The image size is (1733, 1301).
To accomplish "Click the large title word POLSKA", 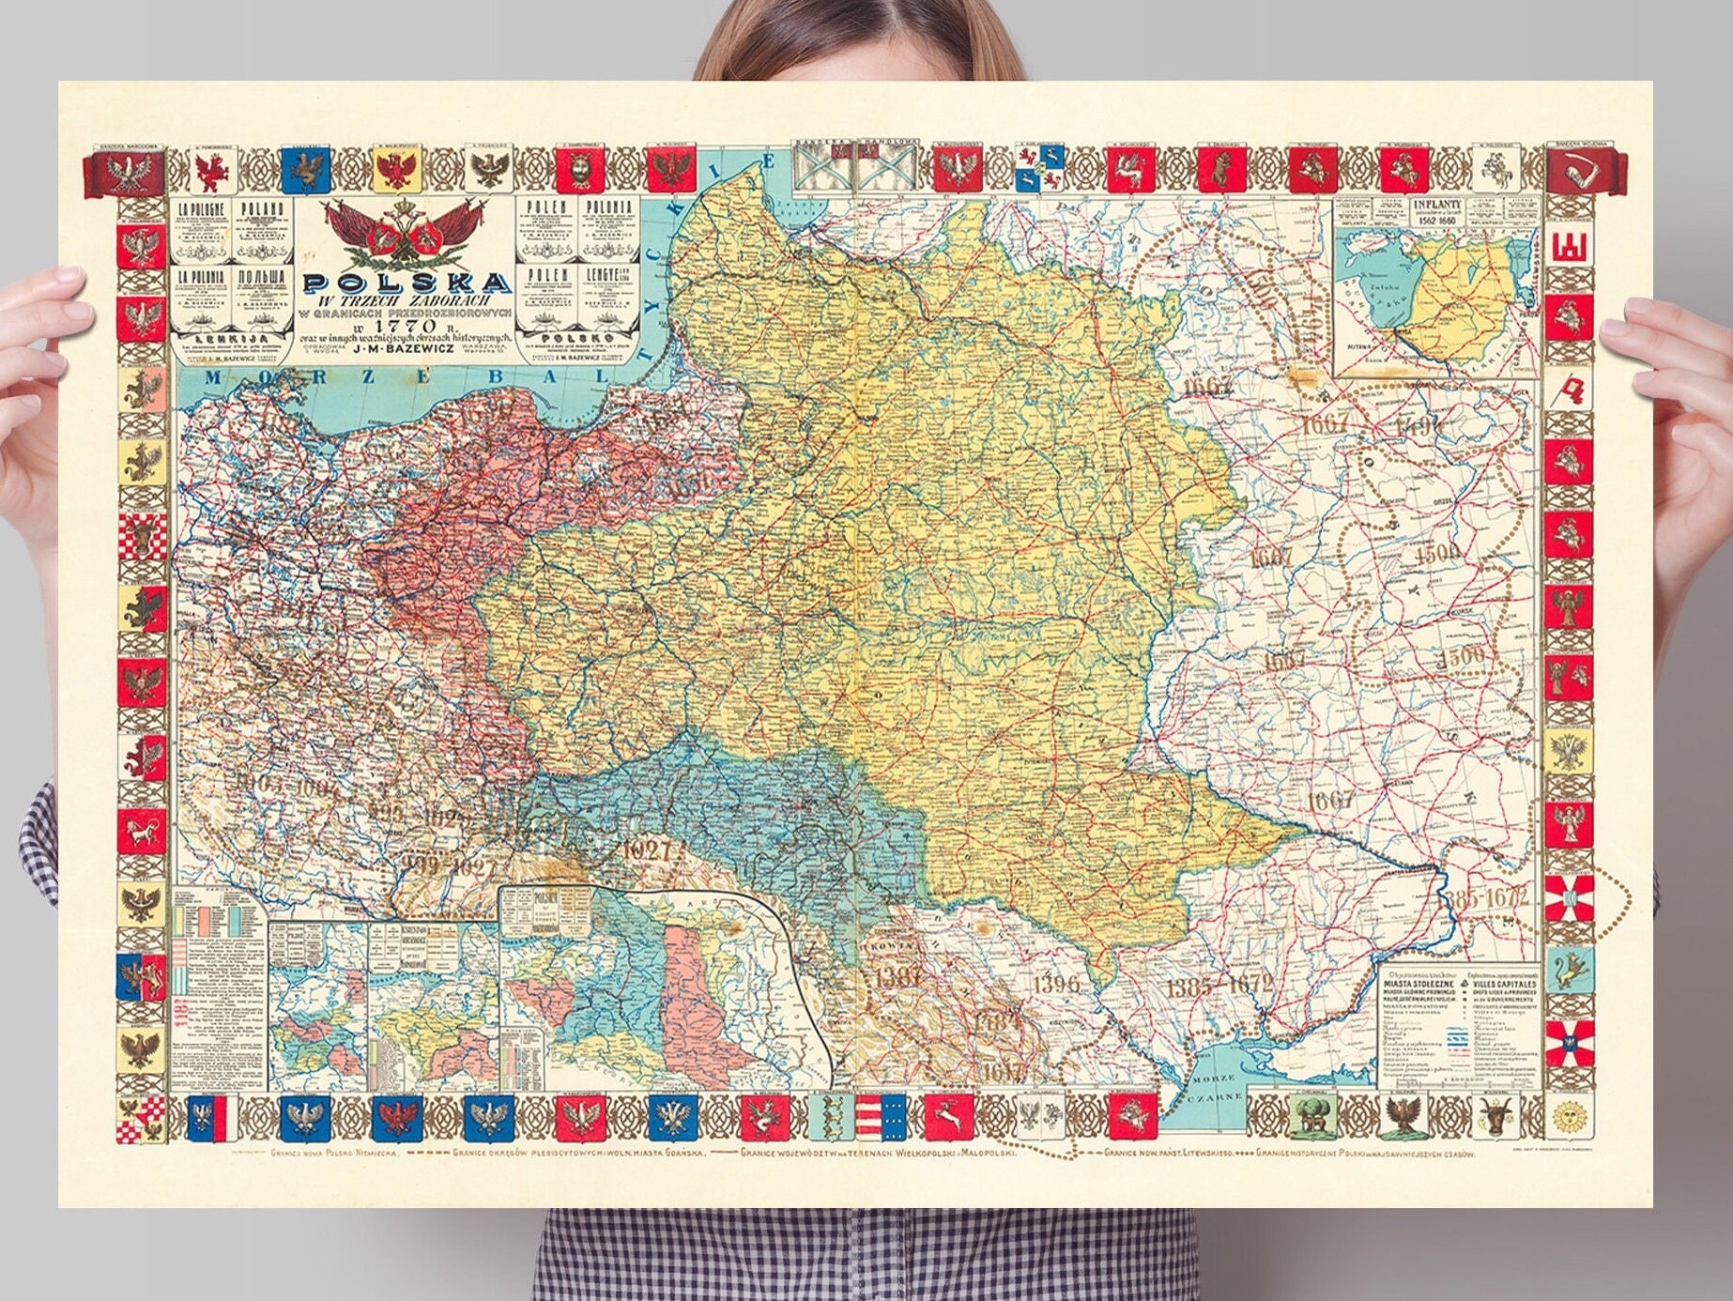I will (x=406, y=283).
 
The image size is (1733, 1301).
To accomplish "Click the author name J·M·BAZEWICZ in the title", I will (x=405, y=349).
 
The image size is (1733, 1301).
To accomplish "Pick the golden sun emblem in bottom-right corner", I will (x=1566, y=1117).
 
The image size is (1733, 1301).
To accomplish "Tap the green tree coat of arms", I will (x=1311, y=1117).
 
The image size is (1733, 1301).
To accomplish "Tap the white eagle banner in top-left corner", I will (x=126, y=175).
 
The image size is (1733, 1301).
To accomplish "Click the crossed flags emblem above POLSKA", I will (x=406, y=235).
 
